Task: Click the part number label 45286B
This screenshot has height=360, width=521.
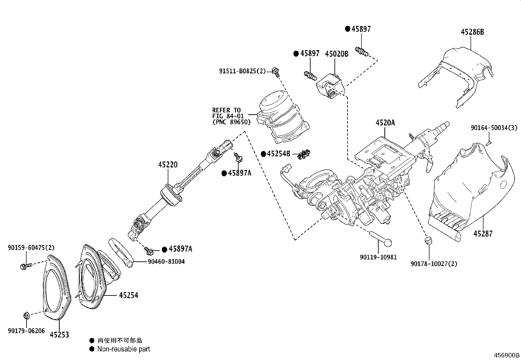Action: point(472,32)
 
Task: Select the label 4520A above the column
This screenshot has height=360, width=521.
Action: point(385,123)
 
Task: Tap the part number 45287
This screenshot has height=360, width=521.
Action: point(483,234)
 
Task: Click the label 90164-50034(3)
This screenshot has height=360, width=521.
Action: point(494,128)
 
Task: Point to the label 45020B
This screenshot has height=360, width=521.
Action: point(336,54)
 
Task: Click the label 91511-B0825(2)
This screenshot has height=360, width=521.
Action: point(243,71)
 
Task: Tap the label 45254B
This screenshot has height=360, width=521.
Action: point(278,154)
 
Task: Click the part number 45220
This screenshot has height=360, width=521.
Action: point(168,164)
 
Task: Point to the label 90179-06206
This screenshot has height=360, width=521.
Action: point(26,331)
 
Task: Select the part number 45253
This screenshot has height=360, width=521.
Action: point(59,335)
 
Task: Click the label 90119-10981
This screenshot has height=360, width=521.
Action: point(378,257)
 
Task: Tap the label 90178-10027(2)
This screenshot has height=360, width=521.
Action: point(434,264)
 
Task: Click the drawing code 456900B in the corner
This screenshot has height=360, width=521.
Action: point(507,355)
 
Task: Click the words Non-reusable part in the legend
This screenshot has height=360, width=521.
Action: point(123,349)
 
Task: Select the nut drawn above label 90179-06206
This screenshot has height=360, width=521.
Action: point(26,316)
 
